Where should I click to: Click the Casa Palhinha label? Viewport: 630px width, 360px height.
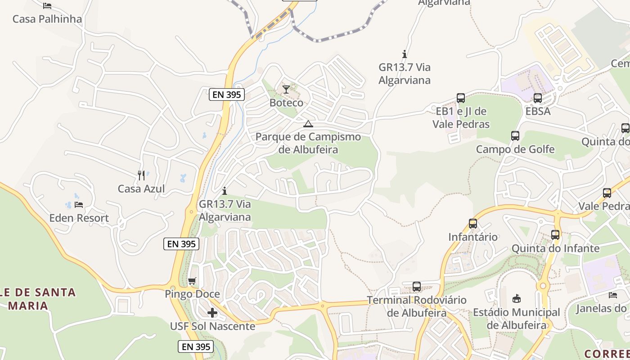(47, 19)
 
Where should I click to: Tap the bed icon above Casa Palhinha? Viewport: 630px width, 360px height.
(47, 6)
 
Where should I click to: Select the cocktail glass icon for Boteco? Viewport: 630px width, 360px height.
(286, 89)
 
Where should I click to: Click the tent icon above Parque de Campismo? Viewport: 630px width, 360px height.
(308, 124)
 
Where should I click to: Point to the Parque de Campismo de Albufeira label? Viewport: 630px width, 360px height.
(308, 143)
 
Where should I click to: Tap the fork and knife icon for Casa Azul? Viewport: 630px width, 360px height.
(141, 175)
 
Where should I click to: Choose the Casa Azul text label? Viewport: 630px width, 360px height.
(141, 189)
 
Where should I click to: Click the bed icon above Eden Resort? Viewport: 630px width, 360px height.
(79, 205)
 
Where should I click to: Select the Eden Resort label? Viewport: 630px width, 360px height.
(79, 218)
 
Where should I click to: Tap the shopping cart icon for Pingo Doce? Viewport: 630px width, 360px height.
(192, 281)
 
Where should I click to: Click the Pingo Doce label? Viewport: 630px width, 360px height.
(192, 294)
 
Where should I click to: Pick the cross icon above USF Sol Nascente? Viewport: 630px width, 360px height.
(212, 312)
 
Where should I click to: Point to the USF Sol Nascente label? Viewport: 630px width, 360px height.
(212, 326)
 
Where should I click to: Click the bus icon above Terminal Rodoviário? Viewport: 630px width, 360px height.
(417, 286)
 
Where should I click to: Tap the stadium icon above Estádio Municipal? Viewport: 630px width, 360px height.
(517, 298)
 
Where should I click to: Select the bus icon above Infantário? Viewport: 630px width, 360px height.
(473, 223)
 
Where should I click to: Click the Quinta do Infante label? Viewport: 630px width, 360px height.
(556, 248)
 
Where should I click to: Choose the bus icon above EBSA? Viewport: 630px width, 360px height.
(538, 98)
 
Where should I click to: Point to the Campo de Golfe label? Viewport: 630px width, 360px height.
(515, 149)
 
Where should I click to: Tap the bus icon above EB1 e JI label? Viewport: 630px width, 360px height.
(461, 98)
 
